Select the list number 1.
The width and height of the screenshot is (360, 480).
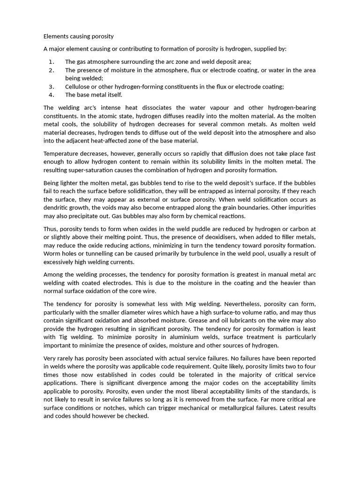pos(51,61)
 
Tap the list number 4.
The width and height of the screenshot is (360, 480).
pos(51,95)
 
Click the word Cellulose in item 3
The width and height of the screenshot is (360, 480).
pos(78,86)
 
